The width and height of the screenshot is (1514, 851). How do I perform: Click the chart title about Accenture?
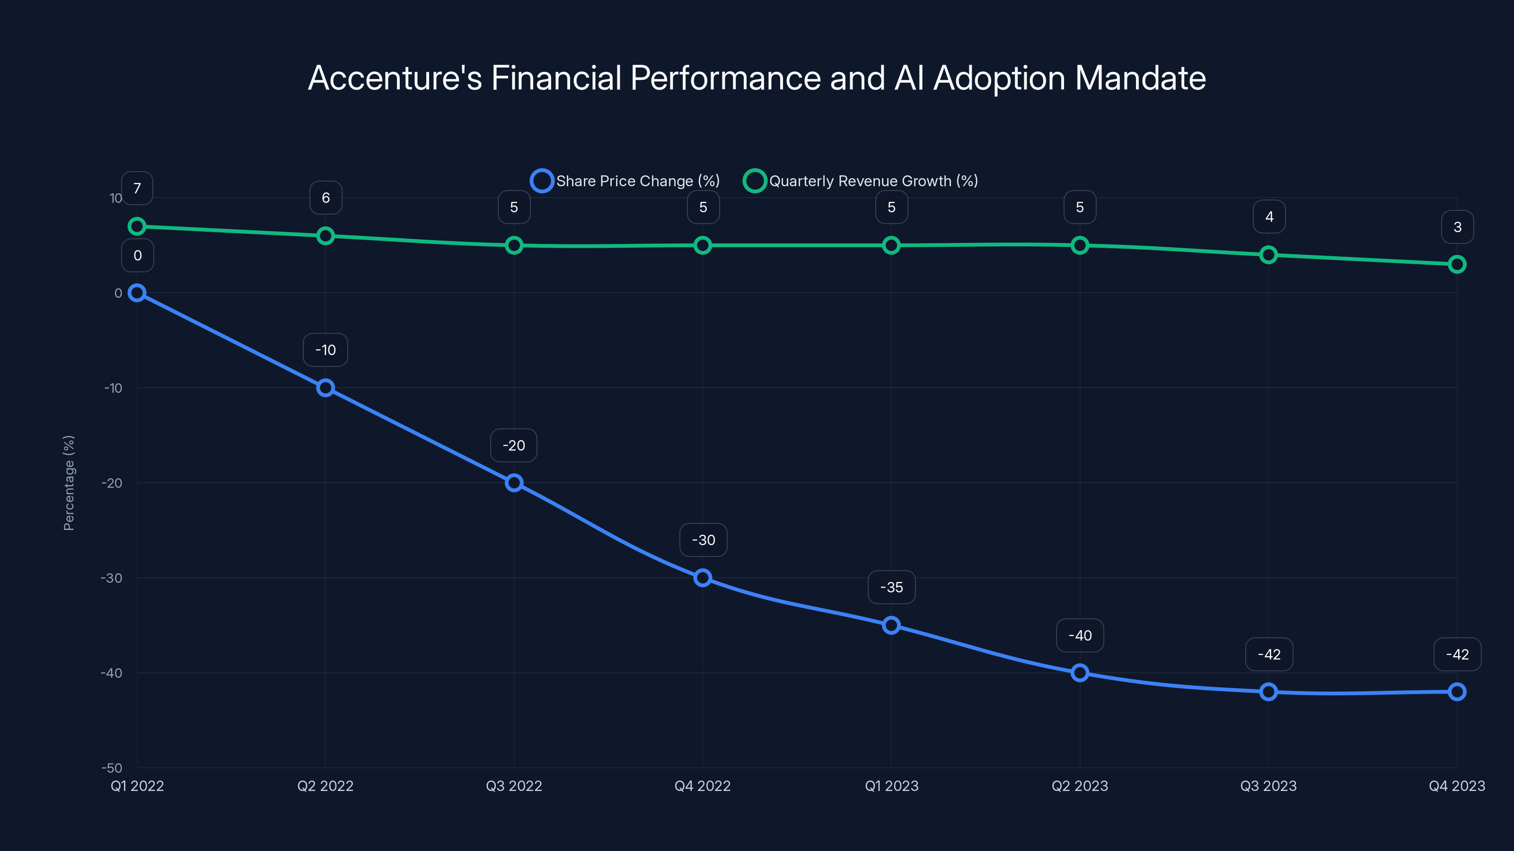click(x=757, y=78)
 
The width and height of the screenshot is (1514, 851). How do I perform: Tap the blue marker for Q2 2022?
click(x=326, y=388)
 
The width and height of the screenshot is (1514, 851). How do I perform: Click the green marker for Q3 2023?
click(x=1268, y=255)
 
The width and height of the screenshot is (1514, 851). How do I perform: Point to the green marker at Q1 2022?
click(x=137, y=226)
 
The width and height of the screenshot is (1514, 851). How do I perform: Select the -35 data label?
click(x=891, y=587)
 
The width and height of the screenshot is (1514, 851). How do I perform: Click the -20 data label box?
click(x=514, y=445)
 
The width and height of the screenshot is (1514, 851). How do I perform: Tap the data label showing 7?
click(x=137, y=189)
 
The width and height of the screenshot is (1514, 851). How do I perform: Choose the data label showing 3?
click(x=1457, y=227)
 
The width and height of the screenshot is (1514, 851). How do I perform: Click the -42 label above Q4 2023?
click(x=1457, y=654)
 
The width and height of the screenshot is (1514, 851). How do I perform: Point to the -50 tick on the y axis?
click(x=112, y=768)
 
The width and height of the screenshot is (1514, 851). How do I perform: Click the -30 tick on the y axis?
click(x=112, y=578)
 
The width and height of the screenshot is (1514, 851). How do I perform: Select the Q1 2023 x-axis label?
click(x=891, y=786)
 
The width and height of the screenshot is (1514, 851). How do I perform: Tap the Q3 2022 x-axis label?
click(x=514, y=786)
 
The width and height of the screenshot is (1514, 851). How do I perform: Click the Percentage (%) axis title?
click(x=69, y=483)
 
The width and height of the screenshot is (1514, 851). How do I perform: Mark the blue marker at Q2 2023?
click(x=1080, y=673)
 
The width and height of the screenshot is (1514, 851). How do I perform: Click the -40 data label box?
click(x=1080, y=635)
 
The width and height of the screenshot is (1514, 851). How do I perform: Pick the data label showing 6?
click(x=326, y=198)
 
